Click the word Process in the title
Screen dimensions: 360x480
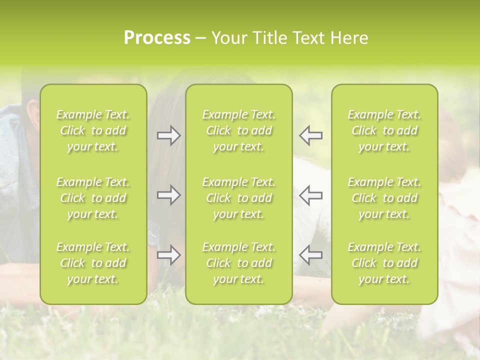click(x=157, y=38)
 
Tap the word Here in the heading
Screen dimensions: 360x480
click(x=349, y=38)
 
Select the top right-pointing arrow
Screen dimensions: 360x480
click(x=168, y=135)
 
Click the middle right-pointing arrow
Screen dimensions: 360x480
click(x=168, y=195)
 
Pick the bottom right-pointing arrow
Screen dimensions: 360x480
click(x=168, y=255)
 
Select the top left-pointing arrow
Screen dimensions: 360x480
click(x=311, y=135)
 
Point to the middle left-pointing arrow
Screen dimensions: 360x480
click(x=311, y=195)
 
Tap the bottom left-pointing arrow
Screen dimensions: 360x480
click(x=311, y=255)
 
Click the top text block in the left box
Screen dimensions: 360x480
click(x=93, y=130)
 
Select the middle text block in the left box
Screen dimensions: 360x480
click(x=93, y=198)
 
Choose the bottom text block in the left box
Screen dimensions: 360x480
click(x=93, y=263)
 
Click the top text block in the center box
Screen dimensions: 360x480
click(x=239, y=130)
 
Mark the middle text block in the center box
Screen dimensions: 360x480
click(x=239, y=198)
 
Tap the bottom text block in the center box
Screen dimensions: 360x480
click(x=239, y=263)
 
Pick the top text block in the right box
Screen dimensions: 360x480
click(x=384, y=130)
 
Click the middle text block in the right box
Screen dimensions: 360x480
click(x=384, y=198)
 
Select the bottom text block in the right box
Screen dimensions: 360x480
click(x=384, y=263)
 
